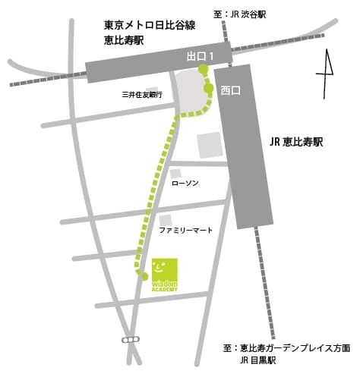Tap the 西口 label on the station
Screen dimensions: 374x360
point(230,91)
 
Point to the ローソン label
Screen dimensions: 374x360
point(185,184)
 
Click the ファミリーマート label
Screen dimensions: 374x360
point(185,229)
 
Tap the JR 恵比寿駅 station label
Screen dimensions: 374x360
point(296,141)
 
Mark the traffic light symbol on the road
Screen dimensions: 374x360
point(131,339)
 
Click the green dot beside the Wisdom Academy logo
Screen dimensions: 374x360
point(144,276)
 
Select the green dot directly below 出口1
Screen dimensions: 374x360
point(202,70)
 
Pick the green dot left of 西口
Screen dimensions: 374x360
point(208,88)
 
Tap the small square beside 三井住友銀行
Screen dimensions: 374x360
point(153,90)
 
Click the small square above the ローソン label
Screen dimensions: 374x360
point(175,174)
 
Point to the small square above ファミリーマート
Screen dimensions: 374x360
point(165,219)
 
